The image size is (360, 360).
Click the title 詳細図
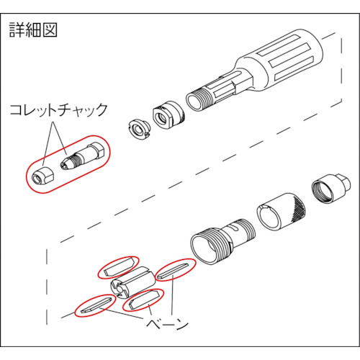click(33, 30)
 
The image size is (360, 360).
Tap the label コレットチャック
click(58, 110)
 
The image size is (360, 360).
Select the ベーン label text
click(168, 325)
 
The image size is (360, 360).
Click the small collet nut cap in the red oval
click(43, 176)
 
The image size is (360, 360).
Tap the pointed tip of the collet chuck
click(63, 166)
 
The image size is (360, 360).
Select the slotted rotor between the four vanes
click(131, 282)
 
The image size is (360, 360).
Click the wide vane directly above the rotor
click(119, 267)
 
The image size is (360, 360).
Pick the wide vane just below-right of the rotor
click(143, 300)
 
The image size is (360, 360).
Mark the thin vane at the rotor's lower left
click(96, 305)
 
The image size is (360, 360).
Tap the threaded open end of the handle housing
click(195, 101)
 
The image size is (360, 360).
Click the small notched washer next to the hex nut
click(138, 130)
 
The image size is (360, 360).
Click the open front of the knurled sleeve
click(269, 217)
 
